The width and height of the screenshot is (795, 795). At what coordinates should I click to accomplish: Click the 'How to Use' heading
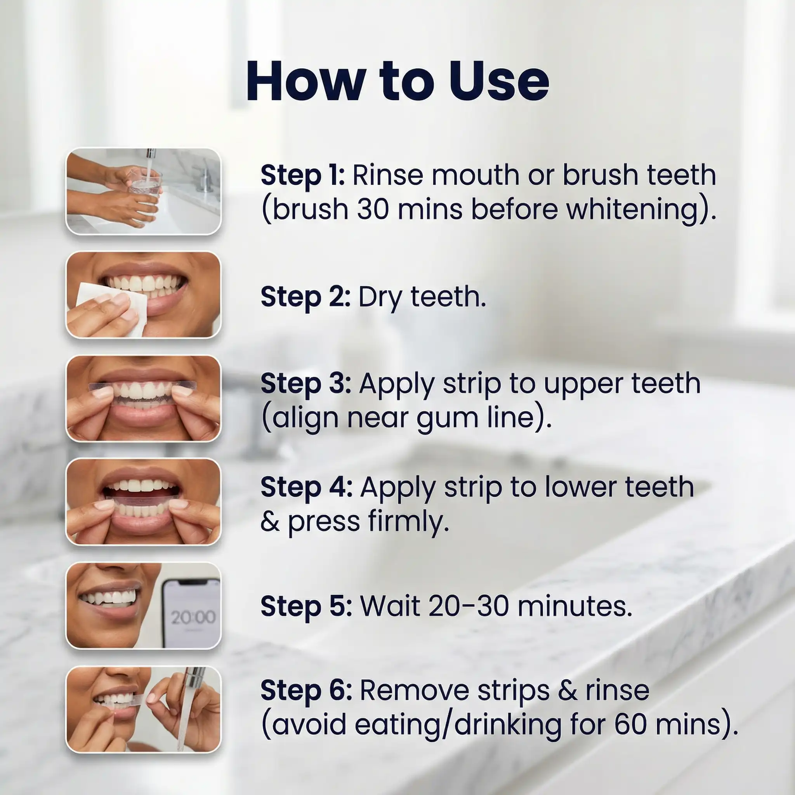pos(397,81)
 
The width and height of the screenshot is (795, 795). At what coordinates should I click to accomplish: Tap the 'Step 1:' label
pos(303,176)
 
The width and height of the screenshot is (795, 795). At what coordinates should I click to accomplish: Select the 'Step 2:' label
pos(306,297)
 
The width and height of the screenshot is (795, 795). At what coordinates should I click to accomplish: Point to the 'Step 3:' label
pos(306,384)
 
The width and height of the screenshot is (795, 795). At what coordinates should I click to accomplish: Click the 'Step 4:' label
pos(307,488)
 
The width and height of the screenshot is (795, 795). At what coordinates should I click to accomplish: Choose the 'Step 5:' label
pos(307,607)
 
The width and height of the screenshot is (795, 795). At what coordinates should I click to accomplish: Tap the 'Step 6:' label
pos(307,691)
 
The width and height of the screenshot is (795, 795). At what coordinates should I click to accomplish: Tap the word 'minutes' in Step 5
pos(575,607)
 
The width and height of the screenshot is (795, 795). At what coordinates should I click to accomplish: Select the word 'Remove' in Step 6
pos(416,691)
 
